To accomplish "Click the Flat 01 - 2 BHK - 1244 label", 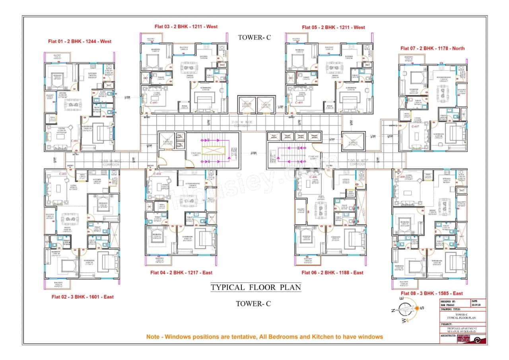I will [x=80, y=41].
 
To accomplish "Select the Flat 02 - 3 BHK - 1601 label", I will [x=82, y=297].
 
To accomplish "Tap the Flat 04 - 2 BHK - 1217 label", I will [x=181, y=272].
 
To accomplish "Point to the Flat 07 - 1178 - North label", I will [x=432, y=48].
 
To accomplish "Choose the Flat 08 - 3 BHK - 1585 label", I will [x=431, y=294].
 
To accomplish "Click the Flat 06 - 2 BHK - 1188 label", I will [x=332, y=272].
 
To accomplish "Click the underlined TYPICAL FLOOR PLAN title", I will [x=255, y=287].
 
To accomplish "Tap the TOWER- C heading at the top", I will [x=254, y=37].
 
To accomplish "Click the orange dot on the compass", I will [x=416, y=308].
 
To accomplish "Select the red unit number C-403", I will [x=154, y=103].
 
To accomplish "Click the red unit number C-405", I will [x=299, y=103].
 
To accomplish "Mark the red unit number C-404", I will [x=156, y=174].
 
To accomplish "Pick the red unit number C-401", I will [x=75, y=141].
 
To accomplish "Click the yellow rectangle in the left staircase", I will [x=214, y=152].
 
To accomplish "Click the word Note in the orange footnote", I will [x=153, y=337].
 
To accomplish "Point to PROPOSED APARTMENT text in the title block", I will [x=461, y=328].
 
